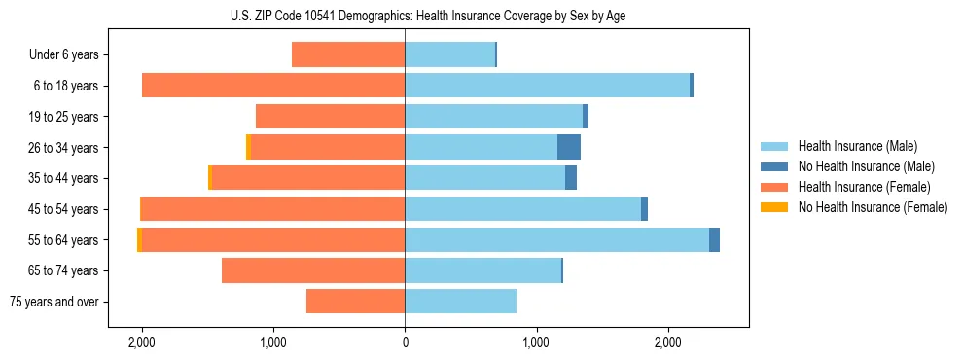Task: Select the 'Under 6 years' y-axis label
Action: pos(63,55)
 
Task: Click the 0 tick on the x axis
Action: pos(405,342)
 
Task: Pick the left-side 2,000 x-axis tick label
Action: pos(142,342)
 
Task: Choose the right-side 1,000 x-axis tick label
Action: pos(536,342)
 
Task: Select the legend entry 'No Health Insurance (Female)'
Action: pos(873,207)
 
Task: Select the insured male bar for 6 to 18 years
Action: pos(547,86)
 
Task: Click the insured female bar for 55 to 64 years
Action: pos(273,240)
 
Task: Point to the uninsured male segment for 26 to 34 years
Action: pos(569,148)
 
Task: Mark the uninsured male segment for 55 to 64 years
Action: pos(714,240)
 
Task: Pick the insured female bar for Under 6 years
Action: pos(348,55)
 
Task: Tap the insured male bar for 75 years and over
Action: pos(460,302)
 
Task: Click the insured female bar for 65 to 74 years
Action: pos(313,270)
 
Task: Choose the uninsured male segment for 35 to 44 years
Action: pos(571,178)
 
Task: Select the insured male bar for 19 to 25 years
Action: pos(493,117)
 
